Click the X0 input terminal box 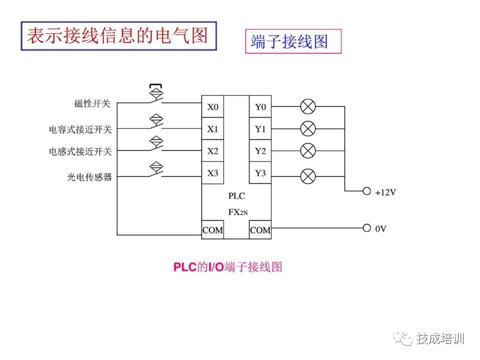pos(213,107)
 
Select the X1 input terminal pos(213,129)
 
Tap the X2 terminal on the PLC pos(213,151)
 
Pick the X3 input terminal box pos(213,173)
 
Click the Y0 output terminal pos(260,107)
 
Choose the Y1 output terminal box pos(260,129)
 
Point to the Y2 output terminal pos(260,151)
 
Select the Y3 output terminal pos(260,173)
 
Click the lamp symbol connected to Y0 pos(308,106)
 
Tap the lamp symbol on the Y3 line pos(308,175)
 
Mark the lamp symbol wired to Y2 pos(308,150)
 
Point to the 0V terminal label pos(380,228)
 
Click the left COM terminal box pos(213,230)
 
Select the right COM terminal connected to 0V pos(260,230)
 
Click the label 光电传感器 pos(89,177)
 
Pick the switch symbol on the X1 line pos(156,123)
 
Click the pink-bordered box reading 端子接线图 pos(292,41)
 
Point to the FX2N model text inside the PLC pos(238,212)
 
